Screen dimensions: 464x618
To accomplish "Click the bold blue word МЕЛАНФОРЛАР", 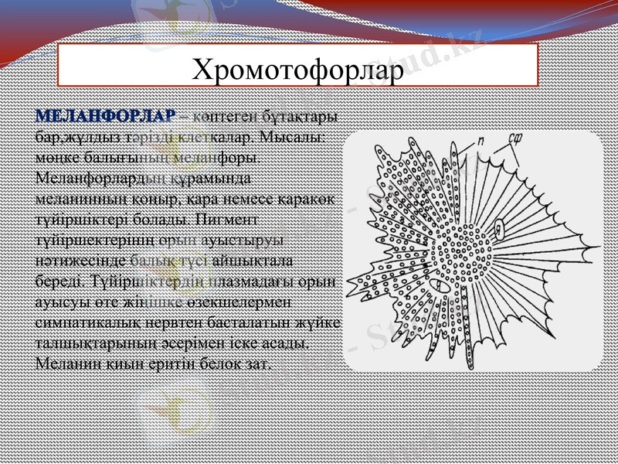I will point(106,117).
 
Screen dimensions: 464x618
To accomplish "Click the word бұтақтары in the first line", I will point(297,117).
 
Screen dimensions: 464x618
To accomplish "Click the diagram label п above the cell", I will point(480,142).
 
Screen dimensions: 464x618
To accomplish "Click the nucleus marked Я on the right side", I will point(500,228).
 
